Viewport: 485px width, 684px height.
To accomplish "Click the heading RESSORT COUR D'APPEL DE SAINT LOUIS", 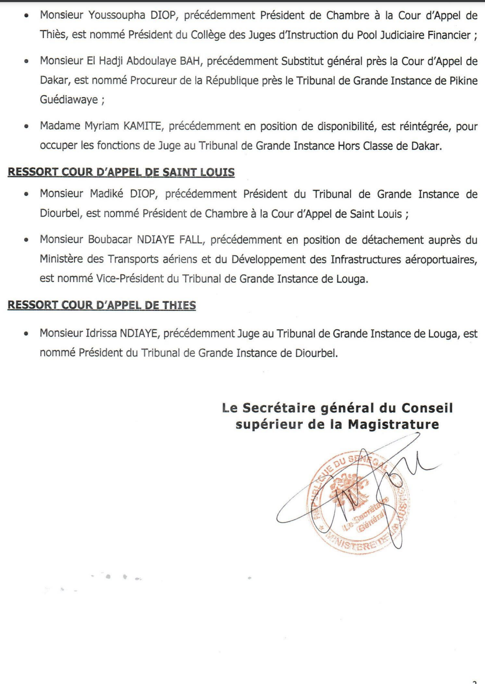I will click(121, 172).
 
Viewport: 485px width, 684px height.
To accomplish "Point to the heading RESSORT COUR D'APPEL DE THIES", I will click(102, 305).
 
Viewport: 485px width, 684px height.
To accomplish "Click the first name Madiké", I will click(107, 194).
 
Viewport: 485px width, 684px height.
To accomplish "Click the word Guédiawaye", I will click(69, 100).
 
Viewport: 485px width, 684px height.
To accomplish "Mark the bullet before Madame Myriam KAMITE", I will click(27, 126).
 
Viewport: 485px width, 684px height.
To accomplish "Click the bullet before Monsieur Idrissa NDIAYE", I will click(27, 334).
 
